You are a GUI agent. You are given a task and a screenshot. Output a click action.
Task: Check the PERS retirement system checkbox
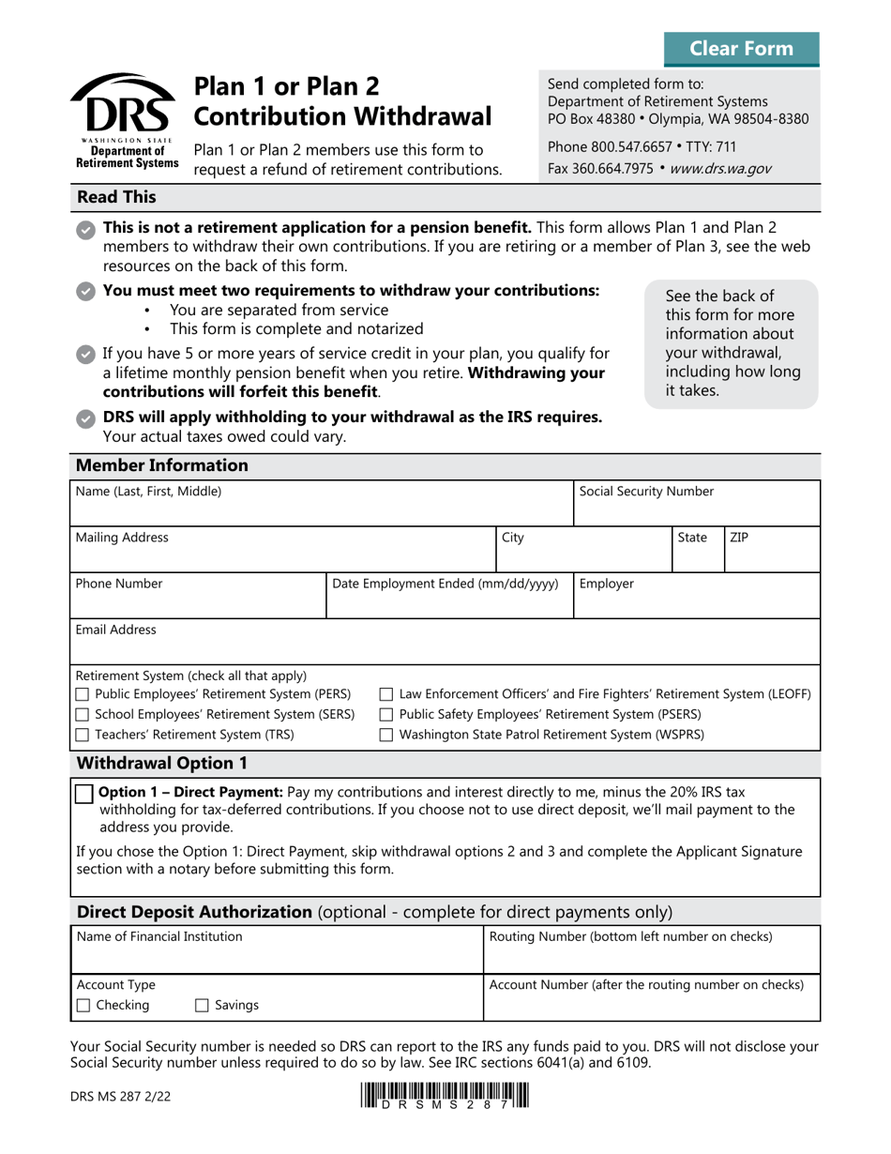pos(82,695)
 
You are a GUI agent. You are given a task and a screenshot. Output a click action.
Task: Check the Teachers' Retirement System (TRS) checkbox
pos(82,736)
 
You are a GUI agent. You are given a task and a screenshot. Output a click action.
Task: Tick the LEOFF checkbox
pos(385,695)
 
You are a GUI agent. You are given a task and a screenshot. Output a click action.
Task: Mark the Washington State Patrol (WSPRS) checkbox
pos(385,736)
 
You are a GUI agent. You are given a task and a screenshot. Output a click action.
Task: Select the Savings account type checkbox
pos(202,1006)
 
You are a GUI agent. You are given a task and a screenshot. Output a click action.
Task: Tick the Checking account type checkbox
pos(83,1006)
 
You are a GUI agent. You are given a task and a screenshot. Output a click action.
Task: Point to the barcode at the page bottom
pos(443,1097)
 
